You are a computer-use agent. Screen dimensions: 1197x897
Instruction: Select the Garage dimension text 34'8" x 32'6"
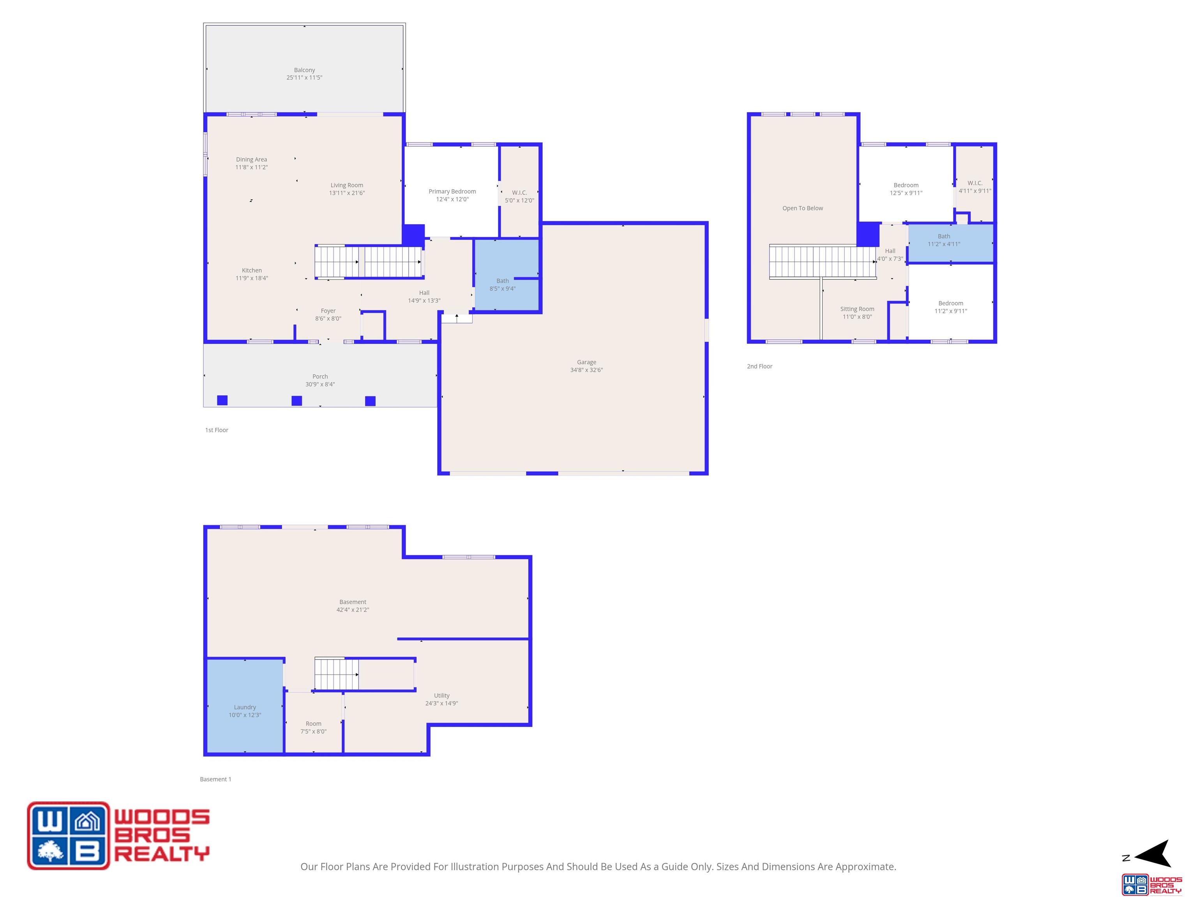point(586,370)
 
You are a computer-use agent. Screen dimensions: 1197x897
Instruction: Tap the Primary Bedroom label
point(452,192)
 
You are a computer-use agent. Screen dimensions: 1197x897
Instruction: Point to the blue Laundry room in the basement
point(245,705)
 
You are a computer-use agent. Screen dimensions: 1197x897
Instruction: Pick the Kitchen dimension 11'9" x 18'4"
point(252,278)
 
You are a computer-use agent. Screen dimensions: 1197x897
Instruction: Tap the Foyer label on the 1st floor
point(328,311)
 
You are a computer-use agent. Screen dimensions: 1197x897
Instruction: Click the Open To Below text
point(803,208)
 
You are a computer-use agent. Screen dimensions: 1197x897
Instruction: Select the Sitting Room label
point(857,309)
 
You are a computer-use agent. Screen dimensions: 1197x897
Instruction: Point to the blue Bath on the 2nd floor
point(951,243)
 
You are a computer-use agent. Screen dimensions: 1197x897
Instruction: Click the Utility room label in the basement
point(441,695)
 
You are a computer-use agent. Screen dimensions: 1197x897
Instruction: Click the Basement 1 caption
point(215,779)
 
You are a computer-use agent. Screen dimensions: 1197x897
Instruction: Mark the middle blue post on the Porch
point(297,401)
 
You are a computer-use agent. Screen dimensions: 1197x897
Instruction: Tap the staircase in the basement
point(337,674)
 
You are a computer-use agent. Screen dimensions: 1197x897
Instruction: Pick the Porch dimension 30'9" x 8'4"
point(320,384)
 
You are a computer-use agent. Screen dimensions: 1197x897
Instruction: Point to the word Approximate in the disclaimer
point(866,867)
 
